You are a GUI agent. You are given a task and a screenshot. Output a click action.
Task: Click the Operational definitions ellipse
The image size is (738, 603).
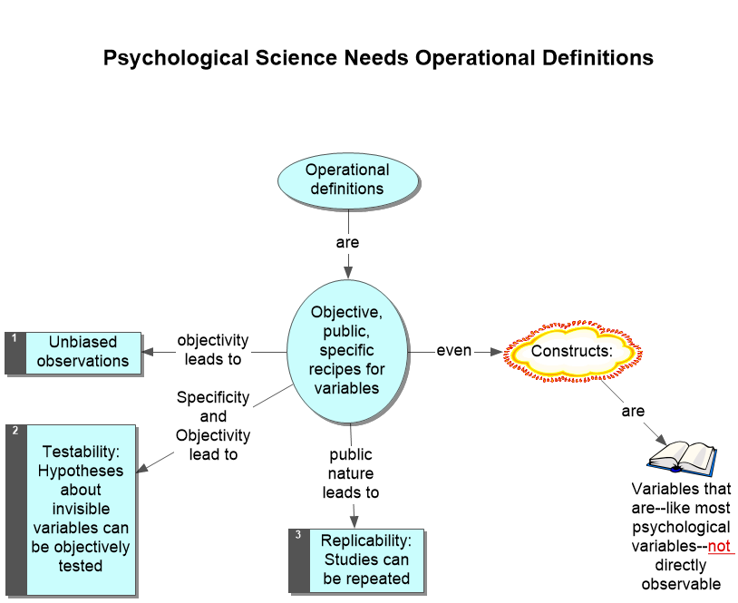347,180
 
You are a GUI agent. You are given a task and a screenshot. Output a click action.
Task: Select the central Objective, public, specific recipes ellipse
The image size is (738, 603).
347,350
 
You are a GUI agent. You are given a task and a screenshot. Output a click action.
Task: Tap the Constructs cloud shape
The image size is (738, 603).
572,351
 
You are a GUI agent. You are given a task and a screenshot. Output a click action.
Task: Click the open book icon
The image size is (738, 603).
682,456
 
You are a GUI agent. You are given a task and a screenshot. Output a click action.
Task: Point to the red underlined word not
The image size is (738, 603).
720,547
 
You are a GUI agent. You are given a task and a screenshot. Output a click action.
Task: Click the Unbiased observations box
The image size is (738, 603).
83,352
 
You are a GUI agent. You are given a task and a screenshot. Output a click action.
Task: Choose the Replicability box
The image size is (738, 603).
366,559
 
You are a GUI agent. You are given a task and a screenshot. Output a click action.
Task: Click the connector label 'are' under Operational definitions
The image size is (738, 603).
347,243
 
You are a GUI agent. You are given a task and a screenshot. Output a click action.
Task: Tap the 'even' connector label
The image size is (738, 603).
454,351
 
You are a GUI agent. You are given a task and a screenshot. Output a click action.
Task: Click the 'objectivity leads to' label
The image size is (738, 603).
213,350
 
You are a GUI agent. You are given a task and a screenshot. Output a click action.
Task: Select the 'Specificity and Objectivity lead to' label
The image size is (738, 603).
213,426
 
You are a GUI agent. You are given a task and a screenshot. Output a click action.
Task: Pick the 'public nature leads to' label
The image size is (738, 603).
351,473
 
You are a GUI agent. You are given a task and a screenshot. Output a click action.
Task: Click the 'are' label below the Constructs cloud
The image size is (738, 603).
633,412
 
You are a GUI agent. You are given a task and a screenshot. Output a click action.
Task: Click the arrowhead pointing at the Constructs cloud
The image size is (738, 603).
496,351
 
